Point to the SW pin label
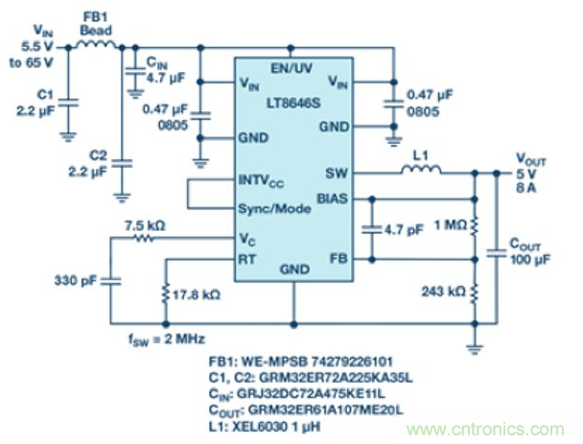click(336, 174)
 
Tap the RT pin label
click(245, 258)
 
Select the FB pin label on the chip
click(338, 258)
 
